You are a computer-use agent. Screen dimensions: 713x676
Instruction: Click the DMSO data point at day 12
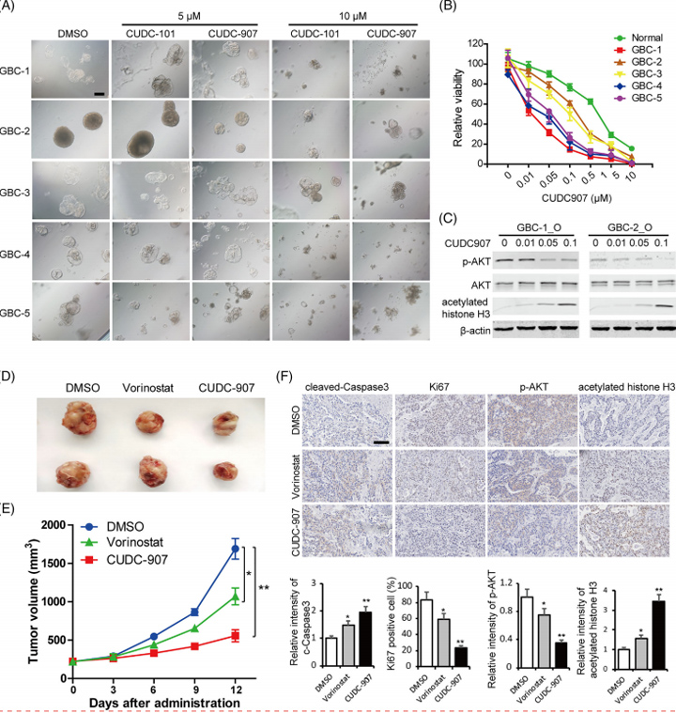[x=208, y=549]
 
